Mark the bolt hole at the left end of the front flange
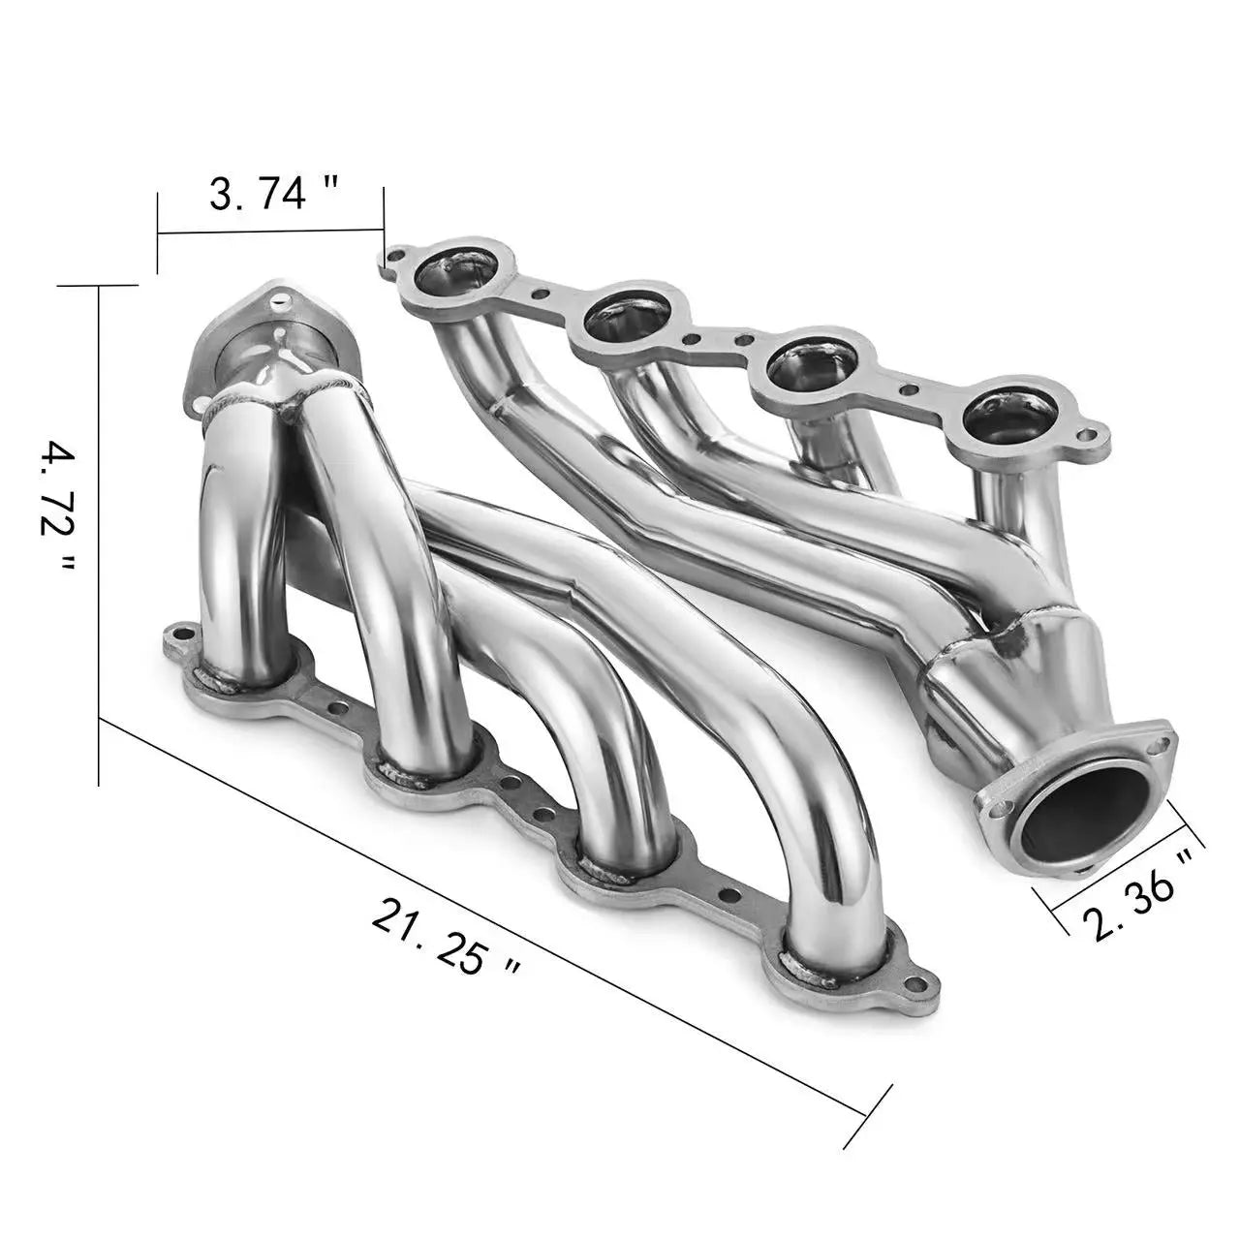coord(175,638)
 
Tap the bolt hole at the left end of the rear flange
coord(393,255)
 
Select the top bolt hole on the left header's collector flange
coord(279,299)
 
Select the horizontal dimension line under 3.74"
coord(271,232)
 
